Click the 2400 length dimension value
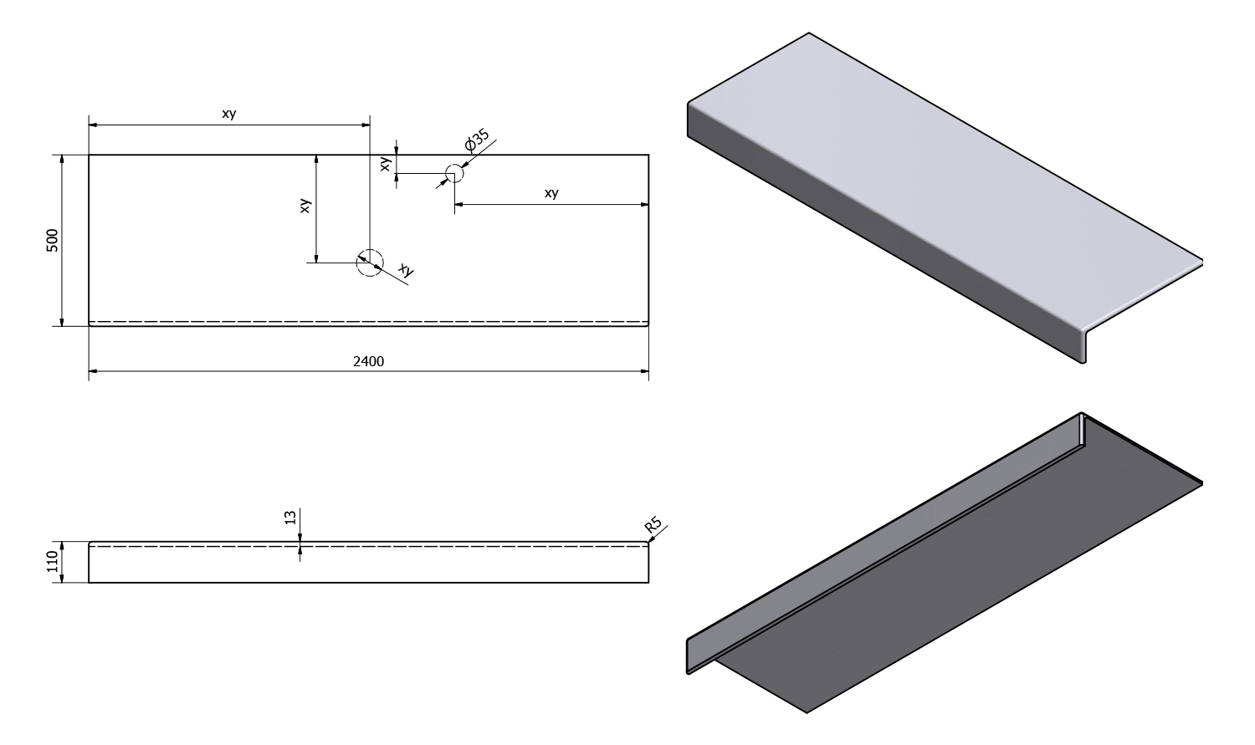pos(368,361)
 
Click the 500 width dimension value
pos(52,241)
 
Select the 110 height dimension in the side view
pos(52,561)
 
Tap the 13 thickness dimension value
pos(290,518)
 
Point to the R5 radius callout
pos(653,525)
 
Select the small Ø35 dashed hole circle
pos(454,174)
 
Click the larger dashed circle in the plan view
pos(370,263)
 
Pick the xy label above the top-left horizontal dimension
pos(229,114)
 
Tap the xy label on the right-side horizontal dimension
pos(551,193)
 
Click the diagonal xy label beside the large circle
pos(406,270)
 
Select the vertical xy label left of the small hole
pos(385,164)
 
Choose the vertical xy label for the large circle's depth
pos(305,206)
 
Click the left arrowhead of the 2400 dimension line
pos(93,371)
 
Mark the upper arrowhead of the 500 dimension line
pos(62,160)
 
